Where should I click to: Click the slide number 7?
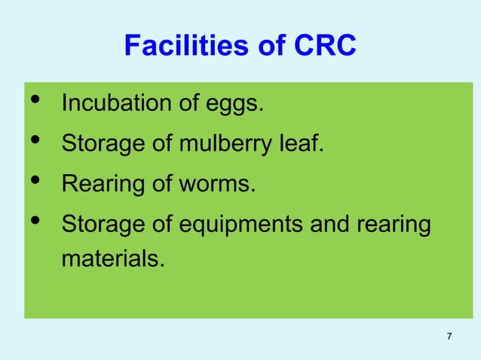[449, 336]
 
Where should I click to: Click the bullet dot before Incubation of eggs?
[34, 102]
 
